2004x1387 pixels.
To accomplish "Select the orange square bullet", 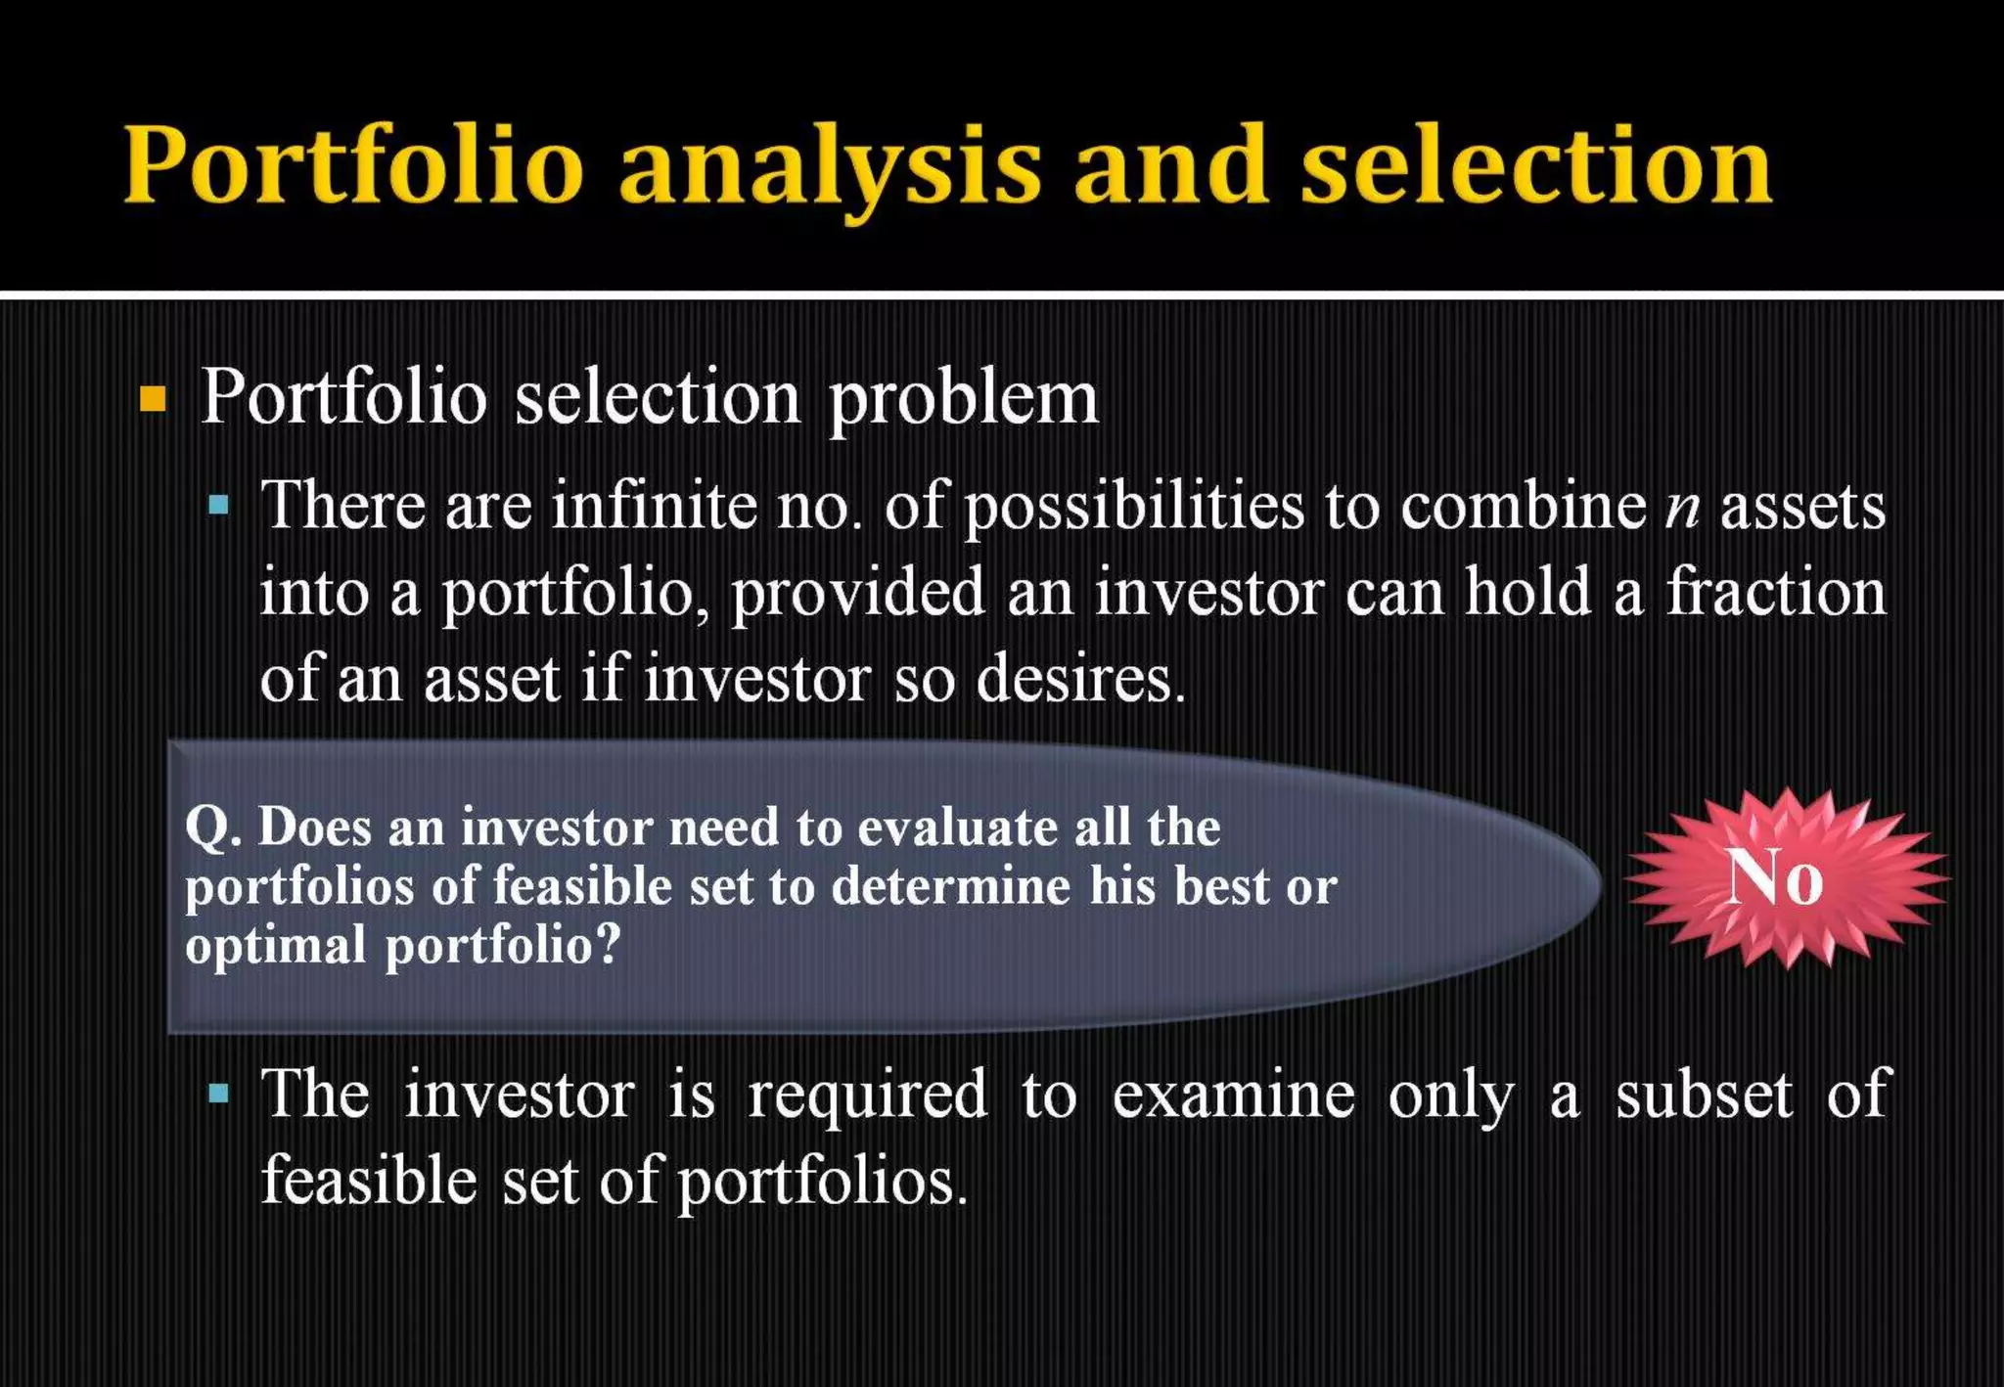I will click(153, 399).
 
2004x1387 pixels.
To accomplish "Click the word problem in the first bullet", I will click(963, 399).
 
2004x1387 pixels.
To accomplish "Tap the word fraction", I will click(1775, 593).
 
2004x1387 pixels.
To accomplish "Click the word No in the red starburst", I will click(1774, 877).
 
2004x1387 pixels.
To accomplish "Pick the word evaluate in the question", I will click(957, 828).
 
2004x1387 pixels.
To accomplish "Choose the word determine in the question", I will click(951, 887).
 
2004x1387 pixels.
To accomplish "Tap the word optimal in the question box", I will click(275, 947).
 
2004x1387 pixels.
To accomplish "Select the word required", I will click(867, 1096).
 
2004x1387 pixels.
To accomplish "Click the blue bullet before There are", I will click(219, 506).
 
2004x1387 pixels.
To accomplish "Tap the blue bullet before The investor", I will click(219, 1093).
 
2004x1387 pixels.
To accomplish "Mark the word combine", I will click(1523, 507).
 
